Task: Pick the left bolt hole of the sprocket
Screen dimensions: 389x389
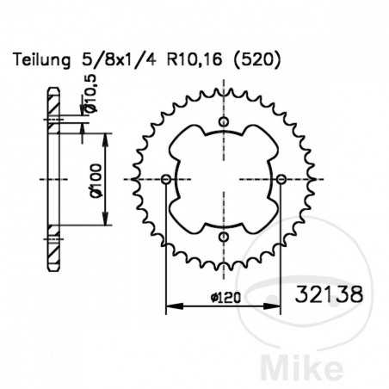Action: click(166, 179)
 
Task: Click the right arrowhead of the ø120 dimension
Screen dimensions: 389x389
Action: click(278, 305)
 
